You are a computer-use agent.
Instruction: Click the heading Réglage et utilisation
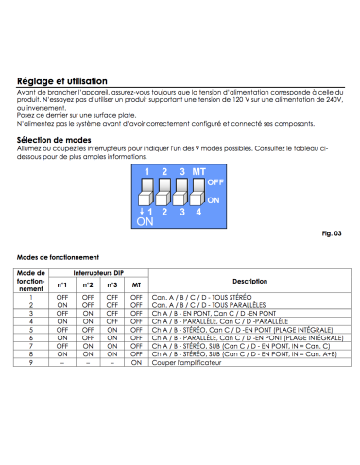tap(62, 81)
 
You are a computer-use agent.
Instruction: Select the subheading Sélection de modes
tap(54, 140)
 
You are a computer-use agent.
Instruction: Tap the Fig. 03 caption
tap(332, 233)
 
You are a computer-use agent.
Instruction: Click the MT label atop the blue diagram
tap(198, 172)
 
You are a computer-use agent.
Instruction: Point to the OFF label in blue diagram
tap(215, 182)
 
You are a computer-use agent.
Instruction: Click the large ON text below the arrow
tap(145, 222)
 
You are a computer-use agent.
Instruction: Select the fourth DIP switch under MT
tap(197, 192)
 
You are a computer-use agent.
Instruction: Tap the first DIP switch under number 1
tap(146, 192)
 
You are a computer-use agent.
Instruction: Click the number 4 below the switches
tap(198, 212)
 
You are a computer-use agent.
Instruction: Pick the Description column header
tap(250, 281)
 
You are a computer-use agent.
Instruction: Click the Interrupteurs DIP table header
tap(98, 273)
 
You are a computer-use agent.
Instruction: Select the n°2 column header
tap(88, 285)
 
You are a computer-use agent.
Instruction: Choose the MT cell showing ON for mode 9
tap(136, 363)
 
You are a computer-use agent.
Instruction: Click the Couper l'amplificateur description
tap(186, 363)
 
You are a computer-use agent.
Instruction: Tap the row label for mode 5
tap(31, 330)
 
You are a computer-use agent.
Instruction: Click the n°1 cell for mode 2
tap(62, 305)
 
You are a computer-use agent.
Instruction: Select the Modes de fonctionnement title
tap(58, 257)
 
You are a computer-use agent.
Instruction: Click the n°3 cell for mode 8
tap(112, 354)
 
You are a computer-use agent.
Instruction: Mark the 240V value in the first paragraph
tap(335, 100)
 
